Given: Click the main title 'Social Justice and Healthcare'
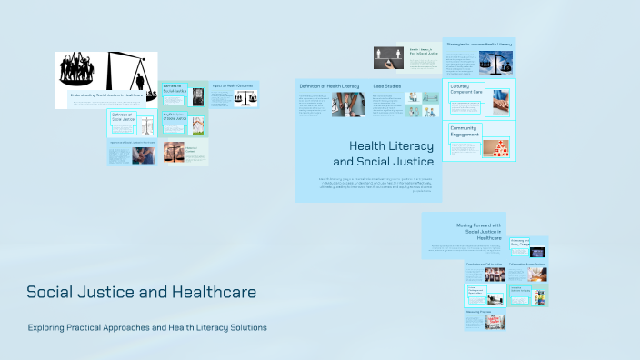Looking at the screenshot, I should click(x=141, y=293).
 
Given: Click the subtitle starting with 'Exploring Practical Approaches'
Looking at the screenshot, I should click(x=147, y=327).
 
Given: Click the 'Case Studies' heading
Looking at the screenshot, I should click(x=385, y=85).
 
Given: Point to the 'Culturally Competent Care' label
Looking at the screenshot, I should click(x=466, y=88).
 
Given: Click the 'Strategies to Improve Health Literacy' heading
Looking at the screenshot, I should click(x=479, y=44).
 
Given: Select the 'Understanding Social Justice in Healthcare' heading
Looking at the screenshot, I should click(x=106, y=95).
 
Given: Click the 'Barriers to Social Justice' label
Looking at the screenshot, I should click(x=173, y=89).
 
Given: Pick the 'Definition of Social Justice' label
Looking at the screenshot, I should click(x=122, y=118).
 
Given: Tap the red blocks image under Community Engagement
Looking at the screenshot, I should click(x=495, y=146).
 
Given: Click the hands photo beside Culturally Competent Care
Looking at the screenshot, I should click(x=496, y=100).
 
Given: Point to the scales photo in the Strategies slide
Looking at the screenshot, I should click(x=495, y=62).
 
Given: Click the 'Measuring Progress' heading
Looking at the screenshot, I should click(x=478, y=311).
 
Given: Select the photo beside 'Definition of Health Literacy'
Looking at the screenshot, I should click(x=349, y=105).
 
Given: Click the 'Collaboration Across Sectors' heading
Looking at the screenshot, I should click(x=527, y=264).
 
